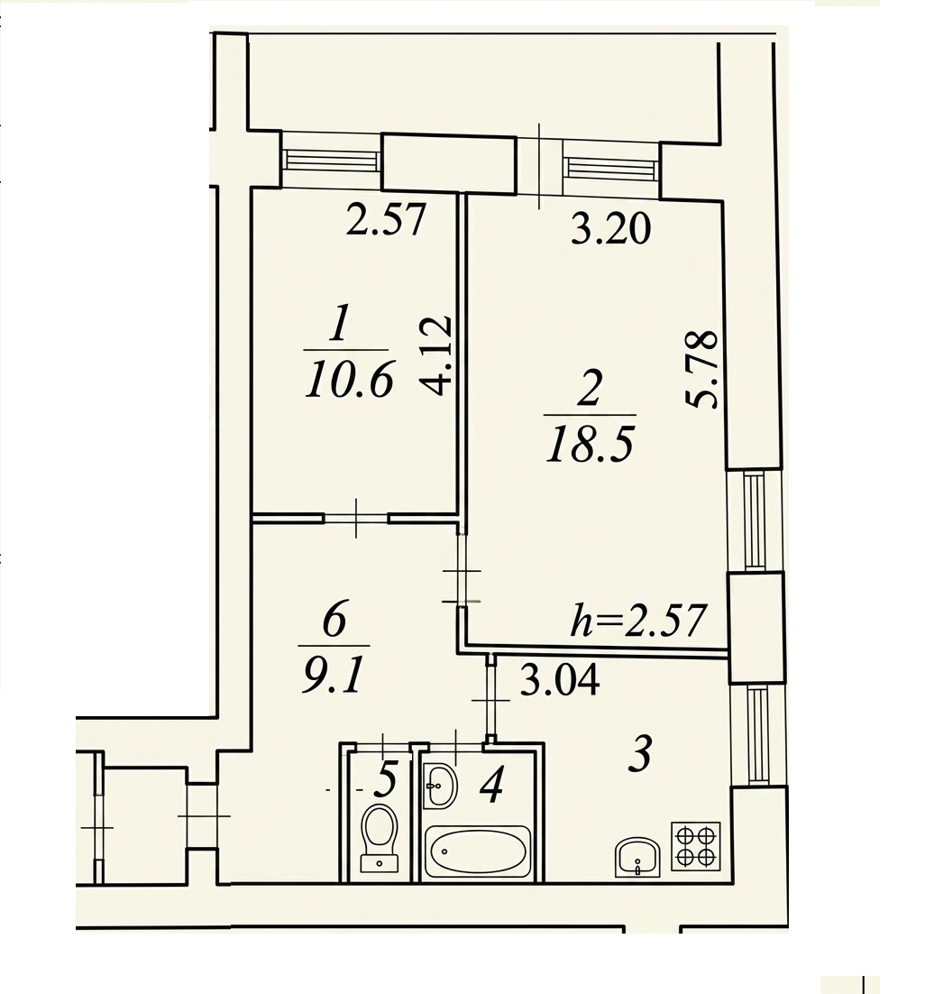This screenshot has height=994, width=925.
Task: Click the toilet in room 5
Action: click(x=380, y=838)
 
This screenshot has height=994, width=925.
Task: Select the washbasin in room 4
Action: click(x=440, y=786)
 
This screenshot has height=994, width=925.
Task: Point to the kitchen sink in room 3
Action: click(x=637, y=856)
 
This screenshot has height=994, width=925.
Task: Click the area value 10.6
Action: click(x=350, y=379)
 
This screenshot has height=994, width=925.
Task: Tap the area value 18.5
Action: click(x=590, y=443)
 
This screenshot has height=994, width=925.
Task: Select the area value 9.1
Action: click(x=334, y=675)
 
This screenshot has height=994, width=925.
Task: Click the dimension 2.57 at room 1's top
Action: click(x=386, y=219)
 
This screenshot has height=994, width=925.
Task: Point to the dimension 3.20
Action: click(x=610, y=228)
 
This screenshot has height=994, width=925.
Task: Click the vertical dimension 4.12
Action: click(x=436, y=355)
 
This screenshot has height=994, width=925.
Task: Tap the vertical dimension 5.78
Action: click(x=702, y=369)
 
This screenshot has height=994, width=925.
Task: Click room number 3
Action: click(x=640, y=754)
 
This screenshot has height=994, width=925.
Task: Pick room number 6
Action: click(x=334, y=619)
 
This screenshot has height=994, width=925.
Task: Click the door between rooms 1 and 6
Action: click(x=356, y=518)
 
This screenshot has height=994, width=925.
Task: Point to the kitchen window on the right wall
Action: click(x=757, y=734)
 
